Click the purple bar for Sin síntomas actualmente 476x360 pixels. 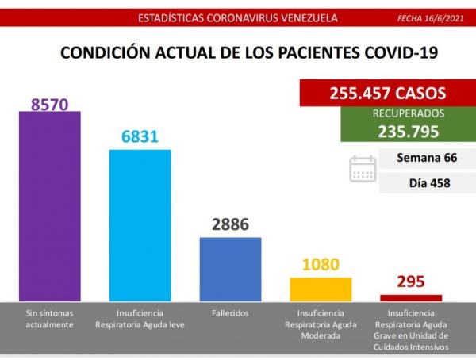pyautogui.click(x=49, y=206)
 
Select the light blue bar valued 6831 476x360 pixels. pyautogui.click(x=140, y=225)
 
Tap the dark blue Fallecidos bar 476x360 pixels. pyautogui.click(x=230, y=269)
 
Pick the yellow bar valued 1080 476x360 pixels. pyautogui.click(x=321, y=289)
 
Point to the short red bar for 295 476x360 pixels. pyautogui.click(x=411, y=297)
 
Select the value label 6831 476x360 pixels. pyautogui.click(x=140, y=136)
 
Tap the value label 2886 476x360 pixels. pyautogui.click(x=230, y=224)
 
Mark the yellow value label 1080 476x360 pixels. pyautogui.click(x=321, y=264)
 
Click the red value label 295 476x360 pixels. pyautogui.click(x=411, y=281)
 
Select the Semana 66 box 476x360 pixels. pyautogui.click(x=427, y=158)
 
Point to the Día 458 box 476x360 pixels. pyautogui.click(x=427, y=182)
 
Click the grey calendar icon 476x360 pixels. pyautogui.click(x=363, y=170)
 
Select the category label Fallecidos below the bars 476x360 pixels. pyautogui.click(x=230, y=313)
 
